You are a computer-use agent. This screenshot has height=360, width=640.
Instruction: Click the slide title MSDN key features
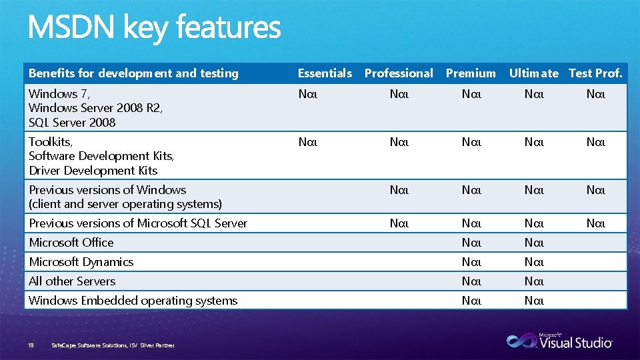pos(154,28)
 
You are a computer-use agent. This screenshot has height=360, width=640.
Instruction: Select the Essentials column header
pos(325,73)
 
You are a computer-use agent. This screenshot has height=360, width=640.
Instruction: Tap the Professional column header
pos(399,73)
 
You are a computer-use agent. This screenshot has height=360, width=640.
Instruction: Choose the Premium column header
pos(471,73)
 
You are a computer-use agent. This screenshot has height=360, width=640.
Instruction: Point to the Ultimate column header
pos(533,73)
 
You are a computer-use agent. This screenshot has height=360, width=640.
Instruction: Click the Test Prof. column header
pos(595,73)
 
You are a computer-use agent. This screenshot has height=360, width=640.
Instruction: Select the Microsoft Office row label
pos(71,243)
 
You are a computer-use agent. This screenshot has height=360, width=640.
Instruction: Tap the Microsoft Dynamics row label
pos(81,262)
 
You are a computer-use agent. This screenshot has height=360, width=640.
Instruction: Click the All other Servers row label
pos(72,281)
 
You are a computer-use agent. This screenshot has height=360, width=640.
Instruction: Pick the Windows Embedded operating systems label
pos(133,301)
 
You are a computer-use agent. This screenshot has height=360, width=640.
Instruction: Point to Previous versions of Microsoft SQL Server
pos(138,223)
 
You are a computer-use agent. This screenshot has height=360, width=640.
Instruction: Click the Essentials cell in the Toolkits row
pos(308,141)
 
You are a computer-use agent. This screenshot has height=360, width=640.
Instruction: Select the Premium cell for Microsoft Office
pos(471,243)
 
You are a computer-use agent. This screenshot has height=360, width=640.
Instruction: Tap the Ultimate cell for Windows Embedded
pos(534,301)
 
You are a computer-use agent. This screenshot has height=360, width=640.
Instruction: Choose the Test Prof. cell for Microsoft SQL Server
pos(595,223)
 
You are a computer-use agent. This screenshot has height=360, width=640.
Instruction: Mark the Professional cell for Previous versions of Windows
pos(399,190)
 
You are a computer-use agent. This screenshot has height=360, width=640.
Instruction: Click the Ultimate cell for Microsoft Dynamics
pos(534,262)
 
